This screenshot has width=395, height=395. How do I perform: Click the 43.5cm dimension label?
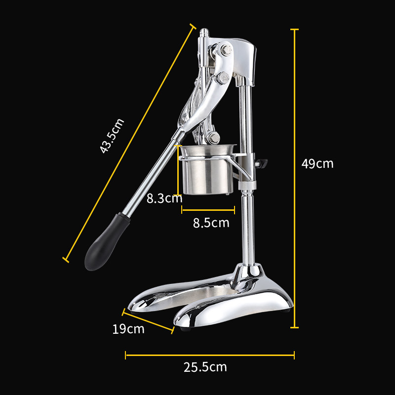coord(112,136)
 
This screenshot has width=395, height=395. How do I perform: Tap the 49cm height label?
coord(317,164)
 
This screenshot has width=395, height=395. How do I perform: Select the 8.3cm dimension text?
coord(164,198)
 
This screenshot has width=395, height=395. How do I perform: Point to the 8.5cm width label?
coord(211,223)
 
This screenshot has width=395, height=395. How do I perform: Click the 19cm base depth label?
coord(128,329)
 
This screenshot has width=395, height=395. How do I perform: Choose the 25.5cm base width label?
coord(205,367)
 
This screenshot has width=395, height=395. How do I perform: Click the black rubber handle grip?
coord(107,242)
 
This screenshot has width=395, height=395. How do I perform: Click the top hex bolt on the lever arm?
coord(227,50)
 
